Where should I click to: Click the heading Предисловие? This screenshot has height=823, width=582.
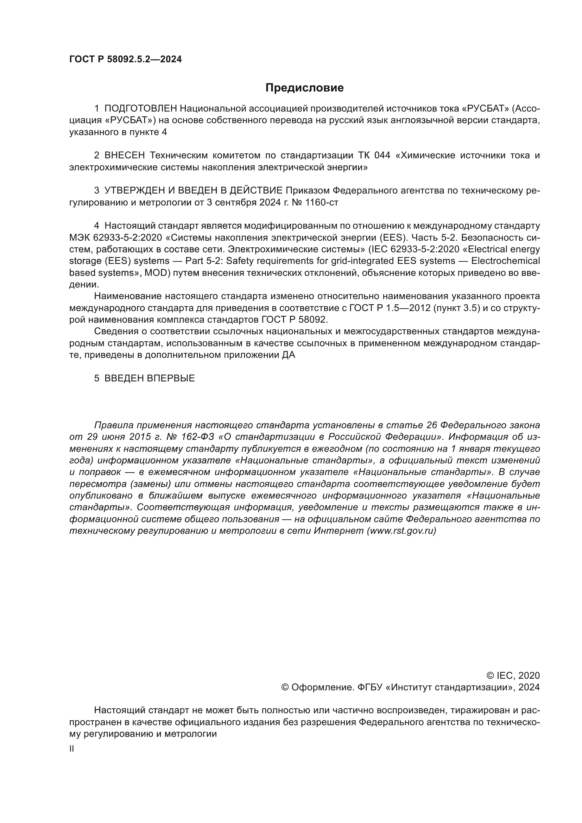304,88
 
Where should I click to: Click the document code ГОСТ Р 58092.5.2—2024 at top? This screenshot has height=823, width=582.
125,59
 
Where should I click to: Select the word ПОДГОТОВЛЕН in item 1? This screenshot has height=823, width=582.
141,109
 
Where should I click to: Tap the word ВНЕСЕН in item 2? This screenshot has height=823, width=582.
125,156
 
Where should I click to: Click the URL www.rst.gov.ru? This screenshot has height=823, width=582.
401,531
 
